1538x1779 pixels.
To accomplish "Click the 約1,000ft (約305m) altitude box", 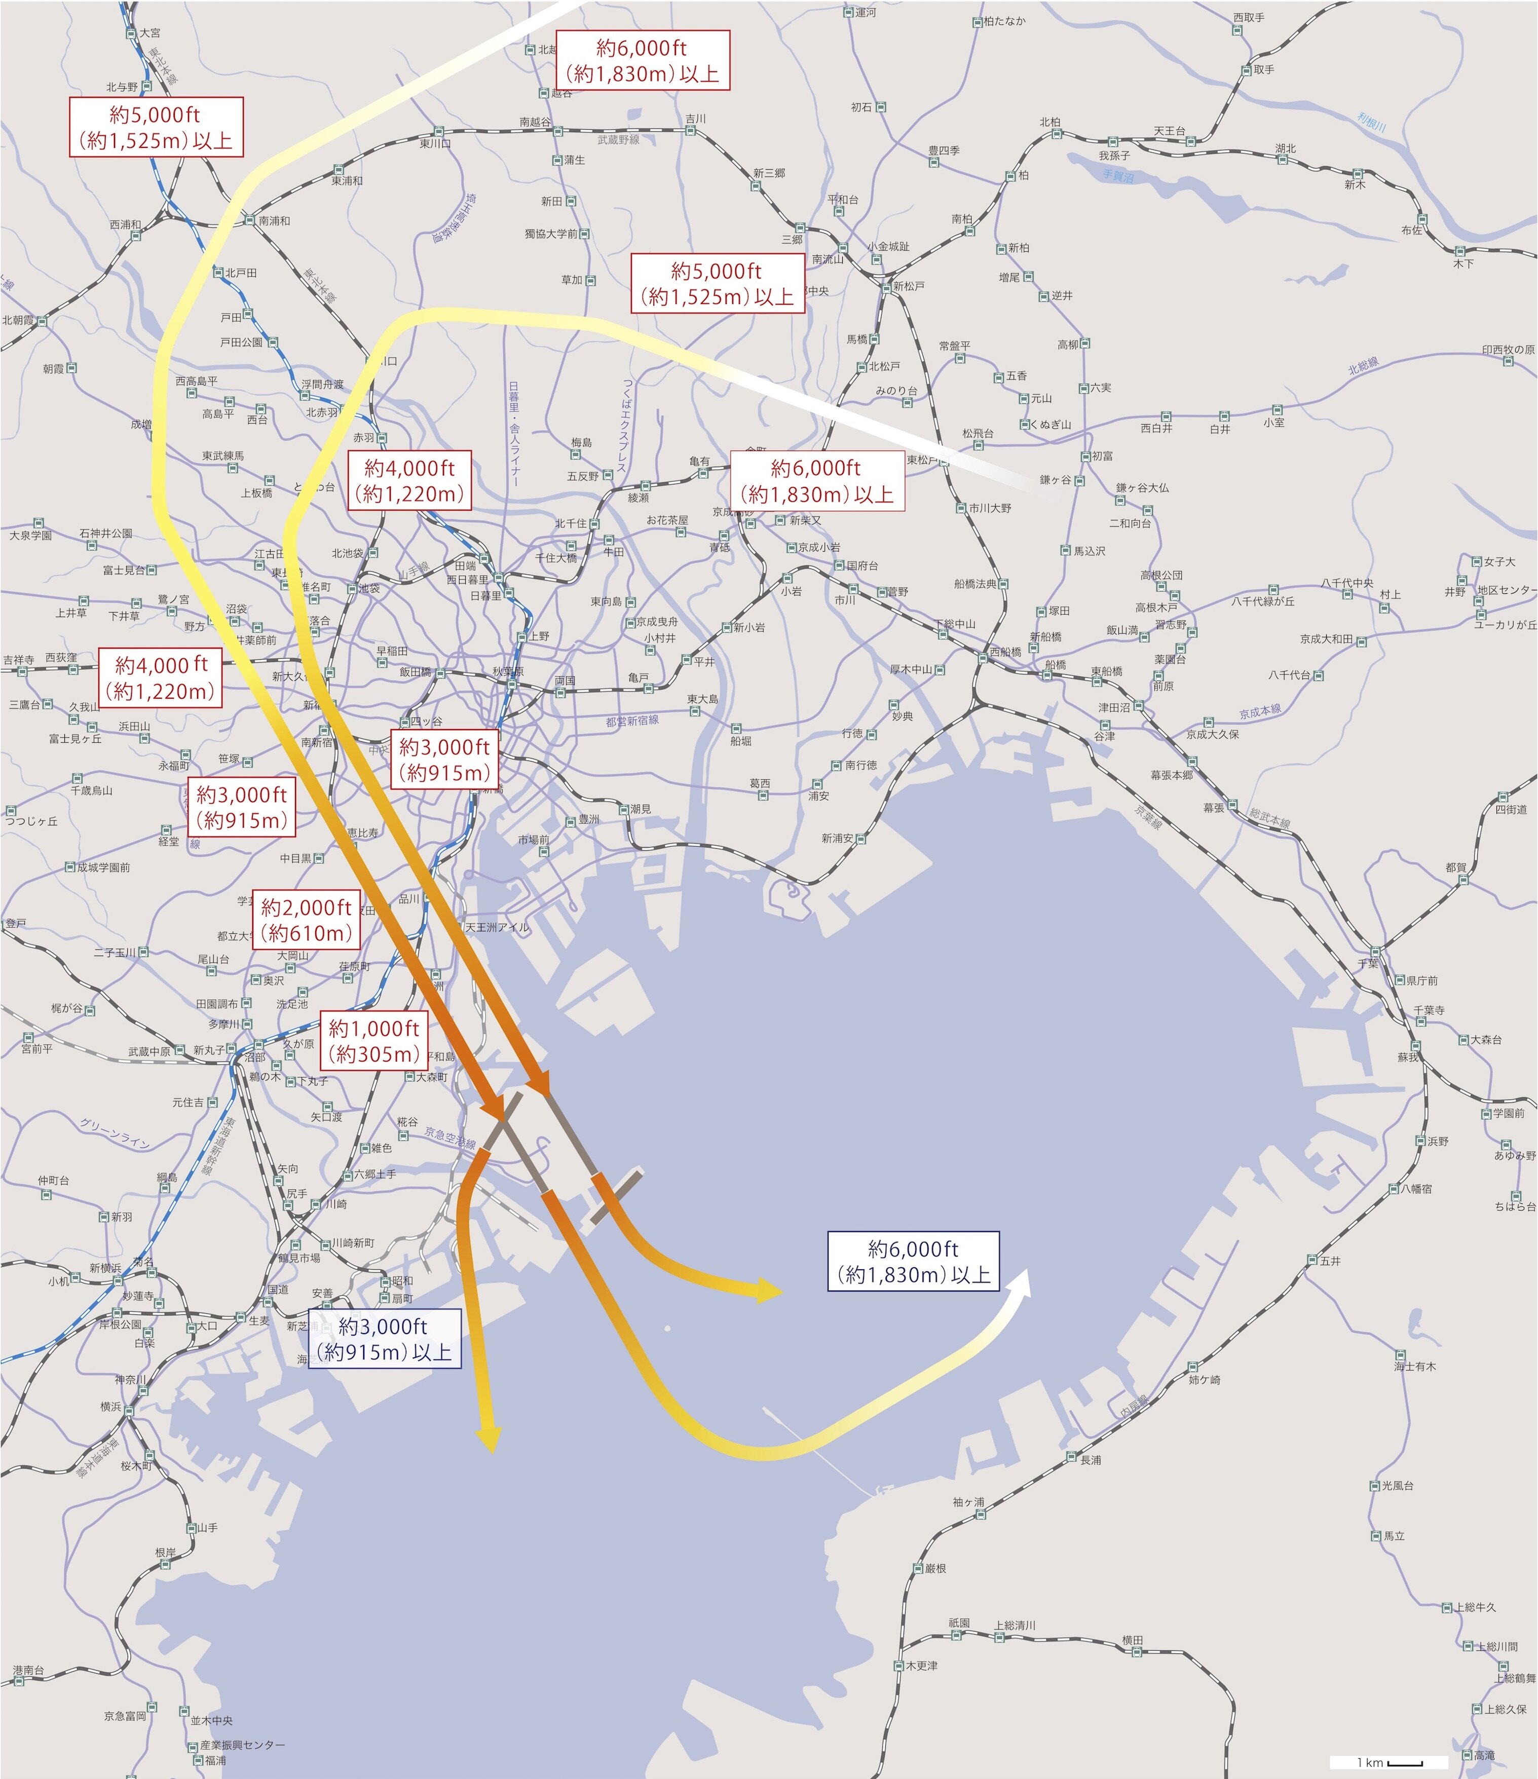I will coord(374,1041).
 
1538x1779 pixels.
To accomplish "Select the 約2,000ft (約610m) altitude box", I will coord(307,920).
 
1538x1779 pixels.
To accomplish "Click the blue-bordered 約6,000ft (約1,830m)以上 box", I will coord(913,1261).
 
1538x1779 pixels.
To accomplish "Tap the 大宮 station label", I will coord(149,32).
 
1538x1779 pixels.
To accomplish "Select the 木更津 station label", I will coord(921,1666).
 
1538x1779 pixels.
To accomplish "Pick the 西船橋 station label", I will coord(1005,652).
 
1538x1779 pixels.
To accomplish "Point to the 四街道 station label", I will coord(1511,809).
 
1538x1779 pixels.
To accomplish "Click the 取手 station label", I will coord(1263,69).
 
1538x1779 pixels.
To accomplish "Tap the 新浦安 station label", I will coord(837,838).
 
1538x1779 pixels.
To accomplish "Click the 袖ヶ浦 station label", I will coord(968,1502).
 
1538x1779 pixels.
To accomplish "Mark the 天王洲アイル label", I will coord(496,927).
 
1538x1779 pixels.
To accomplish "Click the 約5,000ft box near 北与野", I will coord(156,127).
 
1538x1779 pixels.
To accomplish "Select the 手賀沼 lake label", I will coord(1118,176).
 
